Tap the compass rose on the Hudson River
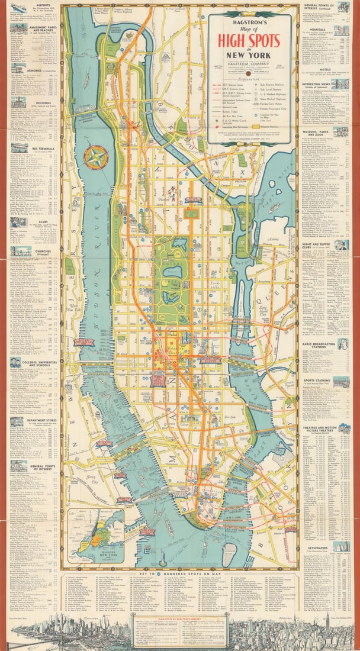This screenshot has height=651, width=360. pos(95,157)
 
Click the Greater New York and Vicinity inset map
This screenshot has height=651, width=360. pos(95,536)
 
